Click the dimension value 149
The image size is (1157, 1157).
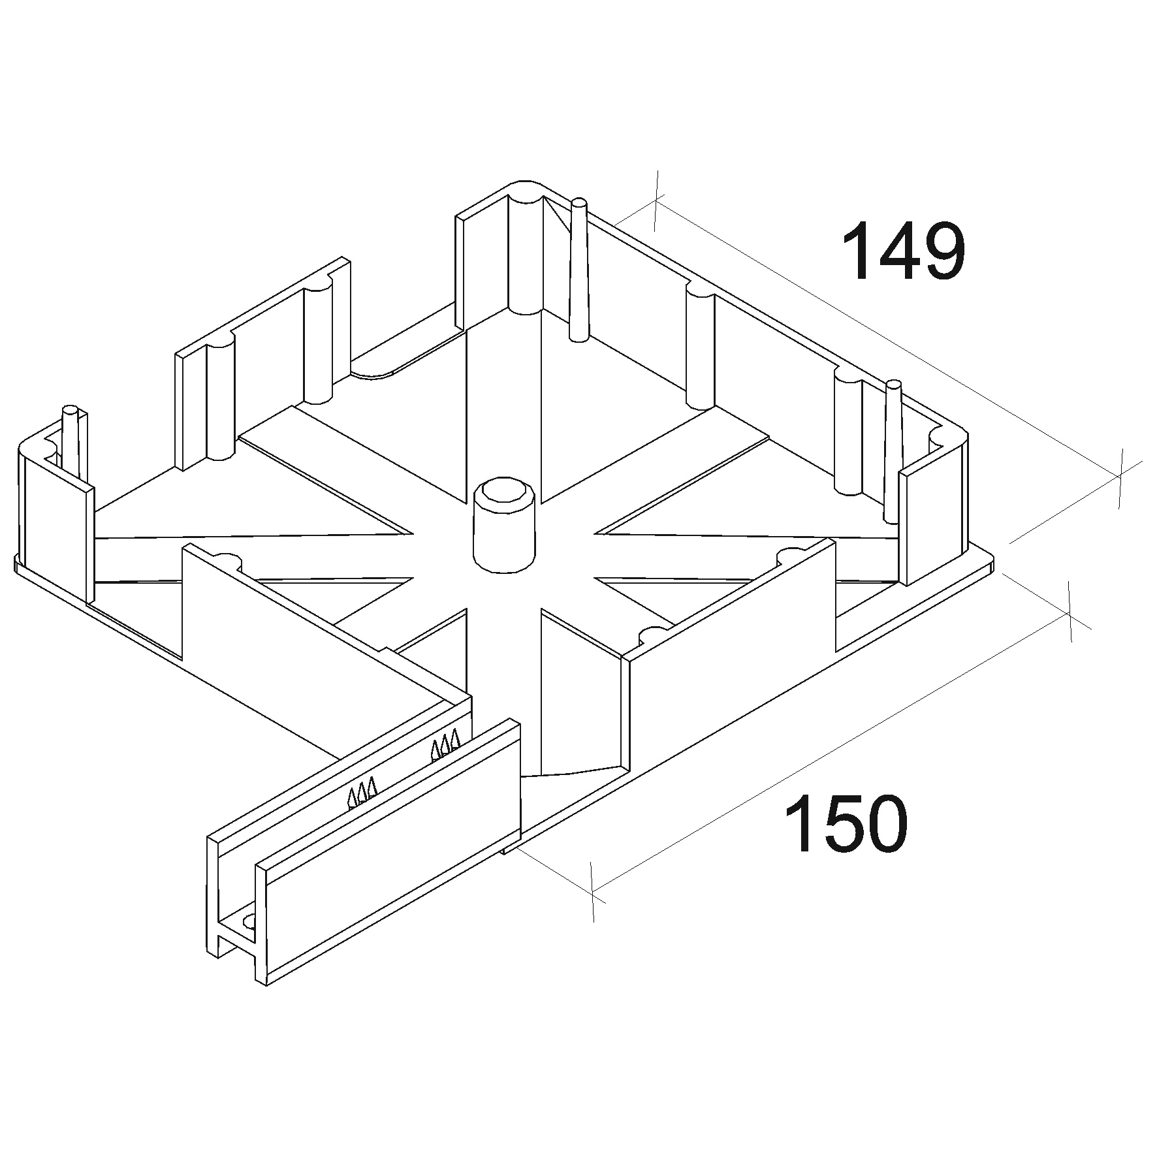pos(903,251)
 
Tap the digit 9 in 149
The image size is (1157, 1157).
pos(942,251)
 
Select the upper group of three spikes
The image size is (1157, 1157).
pos(445,747)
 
